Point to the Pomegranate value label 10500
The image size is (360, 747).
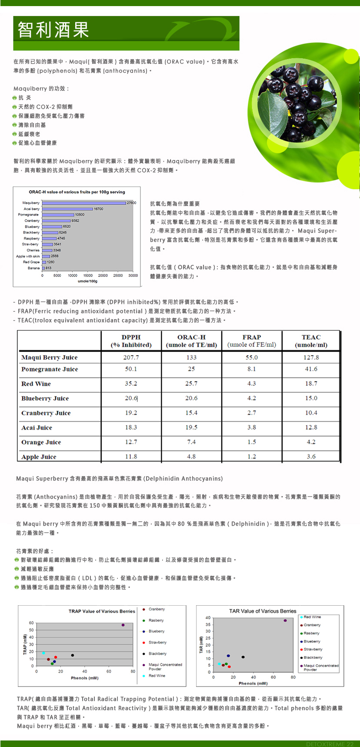(80, 215)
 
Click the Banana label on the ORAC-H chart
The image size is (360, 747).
(33, 268)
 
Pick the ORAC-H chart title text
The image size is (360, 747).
(77, 192)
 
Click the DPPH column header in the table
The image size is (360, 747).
(131, 341)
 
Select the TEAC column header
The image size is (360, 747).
(311, 341)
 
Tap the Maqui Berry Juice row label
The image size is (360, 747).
(50, 357)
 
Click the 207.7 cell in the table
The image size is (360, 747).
(131, 357)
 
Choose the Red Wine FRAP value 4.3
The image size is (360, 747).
(252, 384)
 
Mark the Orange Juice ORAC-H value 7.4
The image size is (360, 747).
(191, 442)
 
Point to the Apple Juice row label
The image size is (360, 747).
(39, 457)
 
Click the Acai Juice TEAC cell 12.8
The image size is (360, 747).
(311, 427)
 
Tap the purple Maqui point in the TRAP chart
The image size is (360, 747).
(123, 625)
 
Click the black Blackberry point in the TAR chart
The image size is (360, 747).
(243, 657)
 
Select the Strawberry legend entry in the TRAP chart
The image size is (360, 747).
(157, 642)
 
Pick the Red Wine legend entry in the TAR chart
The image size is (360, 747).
(312, 617)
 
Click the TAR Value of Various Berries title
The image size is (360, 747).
(263, 611)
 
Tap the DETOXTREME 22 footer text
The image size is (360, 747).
(330, 744)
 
